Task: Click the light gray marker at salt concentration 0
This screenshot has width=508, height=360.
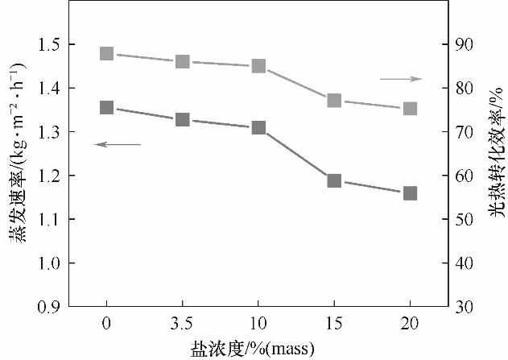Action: pos(107,54)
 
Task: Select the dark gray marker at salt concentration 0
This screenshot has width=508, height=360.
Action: pos(107,108)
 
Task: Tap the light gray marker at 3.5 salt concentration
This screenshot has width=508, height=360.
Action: pos(183,62)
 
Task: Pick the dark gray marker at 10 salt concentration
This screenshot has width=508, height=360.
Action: pos(258,128)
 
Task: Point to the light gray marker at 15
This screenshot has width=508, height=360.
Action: pos(334,101)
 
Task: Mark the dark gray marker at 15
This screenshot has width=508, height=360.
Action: pos(334,180)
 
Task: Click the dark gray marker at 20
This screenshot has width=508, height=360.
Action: pos(410,193)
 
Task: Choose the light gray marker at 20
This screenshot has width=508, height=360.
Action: pos(410,109)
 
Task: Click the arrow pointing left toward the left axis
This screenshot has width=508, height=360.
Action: pos(118,144)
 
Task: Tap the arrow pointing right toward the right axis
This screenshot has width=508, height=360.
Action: pos(400,79)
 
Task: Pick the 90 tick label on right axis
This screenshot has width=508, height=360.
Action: pos(465,44)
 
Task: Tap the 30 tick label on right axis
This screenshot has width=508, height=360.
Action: pos(465,307)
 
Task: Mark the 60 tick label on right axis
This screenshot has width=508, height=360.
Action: pos(465,176)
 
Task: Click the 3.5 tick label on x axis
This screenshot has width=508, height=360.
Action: pos(183,324)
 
